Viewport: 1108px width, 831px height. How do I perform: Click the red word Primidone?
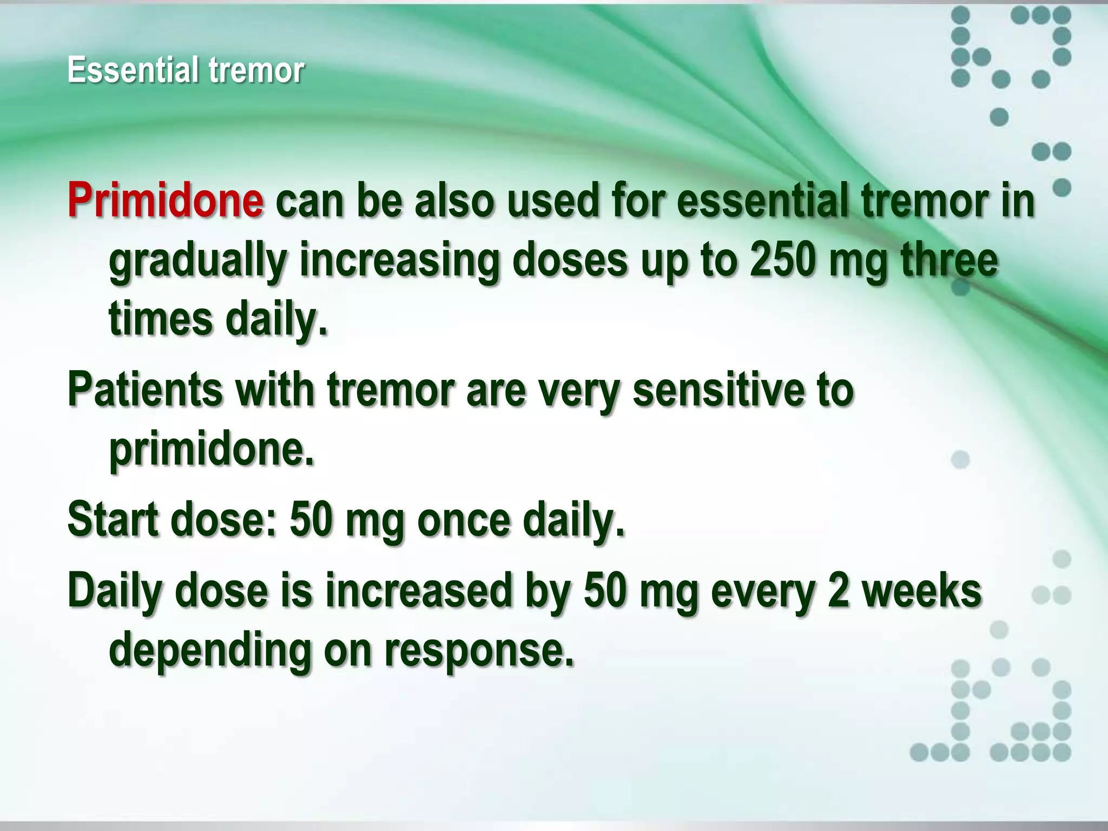click(166, 200)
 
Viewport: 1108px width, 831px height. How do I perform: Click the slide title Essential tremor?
click(186, 70)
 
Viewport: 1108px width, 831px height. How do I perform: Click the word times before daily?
click(161, 319)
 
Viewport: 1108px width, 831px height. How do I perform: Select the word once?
click(464, 519)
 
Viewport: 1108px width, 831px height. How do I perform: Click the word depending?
click(210, 650)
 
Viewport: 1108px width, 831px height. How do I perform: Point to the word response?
click(478, 650)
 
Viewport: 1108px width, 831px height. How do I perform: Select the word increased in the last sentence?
click(418, 591)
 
